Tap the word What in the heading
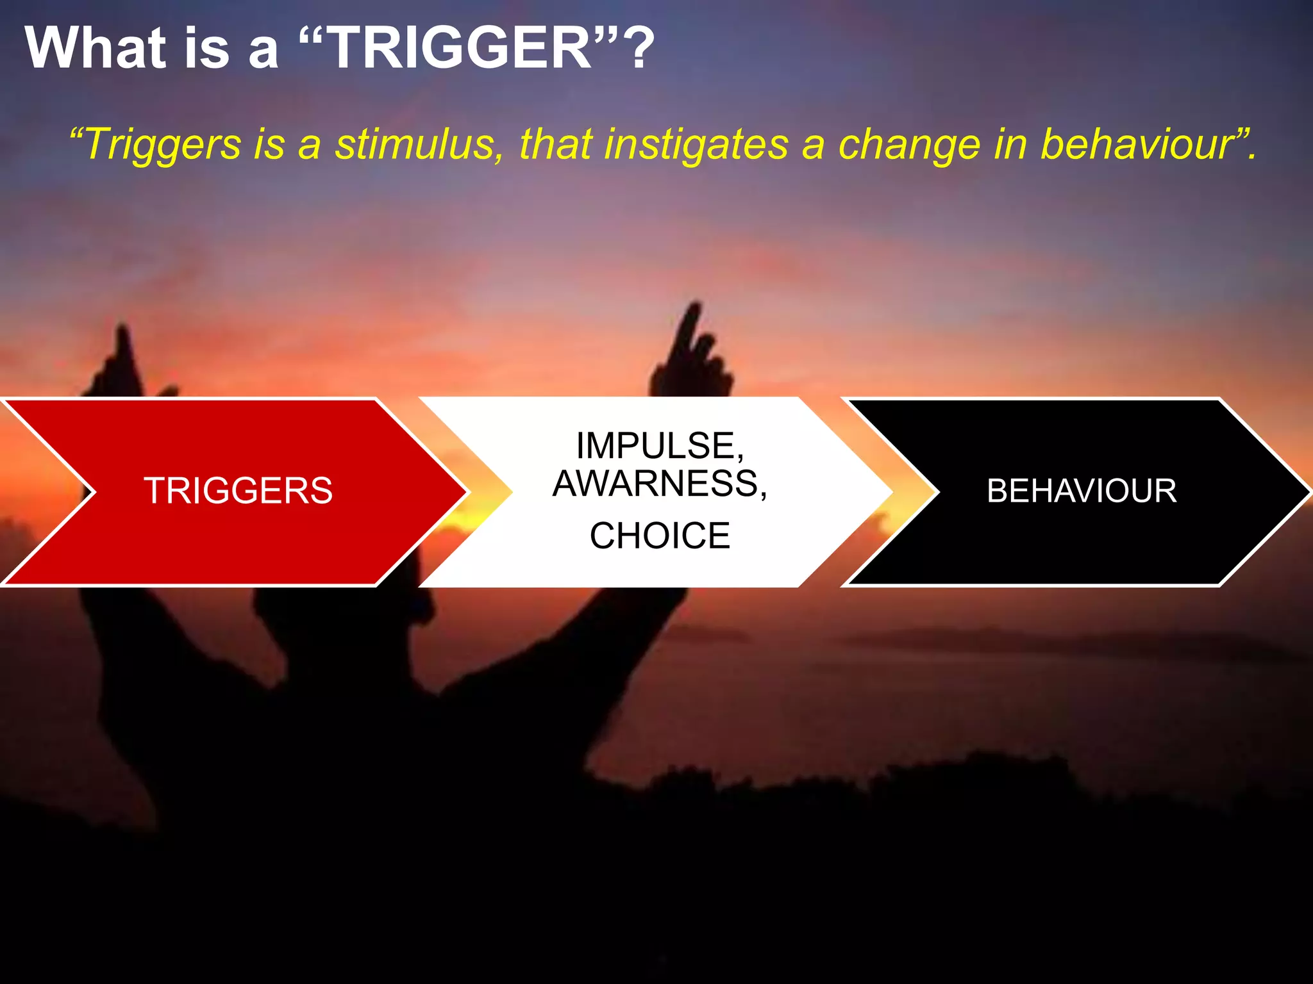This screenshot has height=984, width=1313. (x=96, y=48)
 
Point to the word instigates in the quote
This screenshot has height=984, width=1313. (x=696, y=145)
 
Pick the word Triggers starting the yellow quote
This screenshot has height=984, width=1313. (x=163, y=145)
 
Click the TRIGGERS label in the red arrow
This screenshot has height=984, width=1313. (x=238, y=491)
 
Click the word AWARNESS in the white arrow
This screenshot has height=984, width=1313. (x=659, y=484)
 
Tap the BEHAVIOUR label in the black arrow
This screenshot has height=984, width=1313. (x=1082, y=491)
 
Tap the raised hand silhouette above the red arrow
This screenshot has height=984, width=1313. (x=122, y=365)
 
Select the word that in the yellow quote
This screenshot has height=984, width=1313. (x=555, y=145)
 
